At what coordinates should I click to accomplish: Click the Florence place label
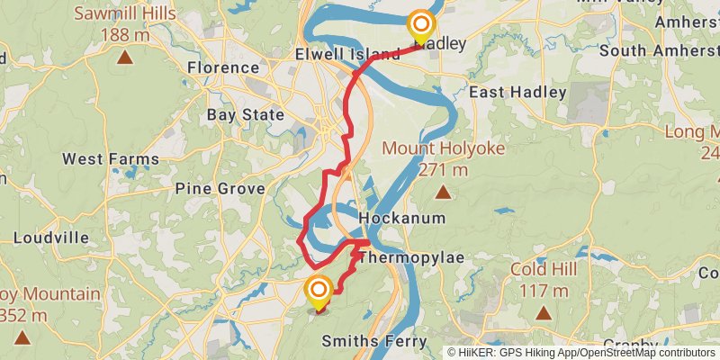pos(223,67)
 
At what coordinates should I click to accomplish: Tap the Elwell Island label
pos(347,55)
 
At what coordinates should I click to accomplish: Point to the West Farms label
pos(111,159)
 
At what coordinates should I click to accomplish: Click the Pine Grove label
pos(220,189)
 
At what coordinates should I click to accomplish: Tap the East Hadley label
pos(517,92)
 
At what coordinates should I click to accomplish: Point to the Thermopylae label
pos(411,258)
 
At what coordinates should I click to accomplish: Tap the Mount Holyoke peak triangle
pos(443,191)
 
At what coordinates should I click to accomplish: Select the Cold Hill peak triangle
pos(544,313)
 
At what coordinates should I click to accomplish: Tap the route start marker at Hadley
pos(421,25)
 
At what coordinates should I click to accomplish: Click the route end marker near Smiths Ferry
pos(319,290)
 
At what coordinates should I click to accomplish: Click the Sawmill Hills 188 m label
pos(126,24)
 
